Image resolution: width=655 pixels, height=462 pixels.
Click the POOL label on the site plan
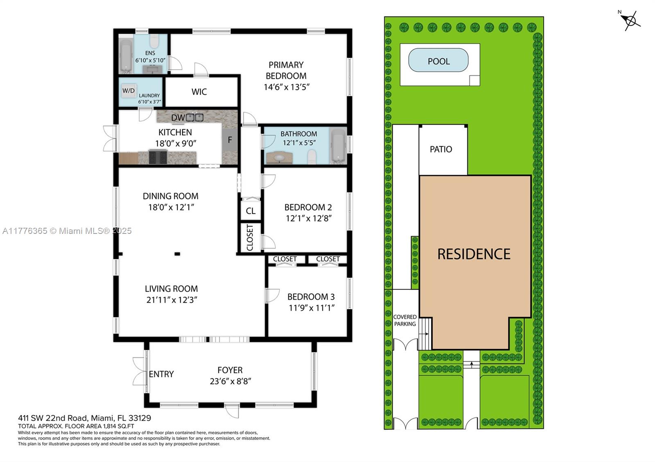point(438,61)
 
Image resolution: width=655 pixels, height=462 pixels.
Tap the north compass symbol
point(630,20)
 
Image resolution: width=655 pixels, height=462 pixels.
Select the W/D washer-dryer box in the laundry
point(129,90)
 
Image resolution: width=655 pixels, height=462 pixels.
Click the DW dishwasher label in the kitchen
point(178,118)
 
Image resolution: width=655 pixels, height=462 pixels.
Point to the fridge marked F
point(230,140)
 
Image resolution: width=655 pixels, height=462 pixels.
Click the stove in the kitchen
point(158,157)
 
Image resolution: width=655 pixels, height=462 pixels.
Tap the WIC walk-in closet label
point(199,92)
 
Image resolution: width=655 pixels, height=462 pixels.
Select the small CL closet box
point(251,211)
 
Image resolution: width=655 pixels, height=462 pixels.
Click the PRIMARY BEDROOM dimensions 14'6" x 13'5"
point(286,87)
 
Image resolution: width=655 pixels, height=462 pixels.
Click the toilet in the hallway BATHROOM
point(312,156)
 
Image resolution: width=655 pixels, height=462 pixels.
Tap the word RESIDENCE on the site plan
point(474,254)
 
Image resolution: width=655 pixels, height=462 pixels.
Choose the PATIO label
point(441,149)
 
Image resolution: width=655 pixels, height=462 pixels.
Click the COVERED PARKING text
point(405,320)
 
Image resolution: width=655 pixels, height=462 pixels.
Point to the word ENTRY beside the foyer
point(161,374)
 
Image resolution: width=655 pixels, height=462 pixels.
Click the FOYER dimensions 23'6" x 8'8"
point(230,381)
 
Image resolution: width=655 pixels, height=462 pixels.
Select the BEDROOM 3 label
point(311,297)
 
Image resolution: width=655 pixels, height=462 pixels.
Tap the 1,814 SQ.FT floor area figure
point(118,426)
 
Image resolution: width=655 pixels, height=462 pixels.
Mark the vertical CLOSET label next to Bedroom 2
point(250,238)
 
